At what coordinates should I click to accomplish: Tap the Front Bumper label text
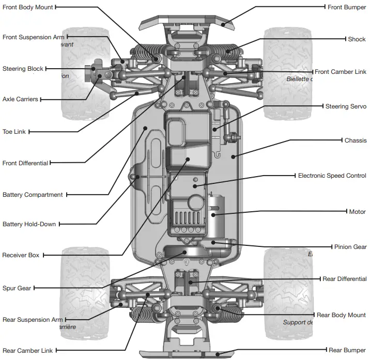(x=347, y=7)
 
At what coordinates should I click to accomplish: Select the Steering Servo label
(x=345, y=106)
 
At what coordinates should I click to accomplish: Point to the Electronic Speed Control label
(x=332, y=176)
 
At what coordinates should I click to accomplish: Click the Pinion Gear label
(x=350, y=247)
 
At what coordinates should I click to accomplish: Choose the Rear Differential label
(x=344, y=279)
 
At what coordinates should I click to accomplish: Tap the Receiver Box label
(x=21, y=255)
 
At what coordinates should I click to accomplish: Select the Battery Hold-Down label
(x=29, y=224)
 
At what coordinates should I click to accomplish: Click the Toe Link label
(x=14, y=132)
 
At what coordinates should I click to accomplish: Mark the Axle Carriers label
(x=20, y=99)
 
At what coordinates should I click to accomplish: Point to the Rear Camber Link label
(x=27, y=351)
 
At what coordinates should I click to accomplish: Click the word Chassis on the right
(x=355, y=140)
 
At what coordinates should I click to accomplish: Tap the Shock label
(x=357, y=39)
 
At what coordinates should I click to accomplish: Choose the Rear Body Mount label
(x=341, y=315)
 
